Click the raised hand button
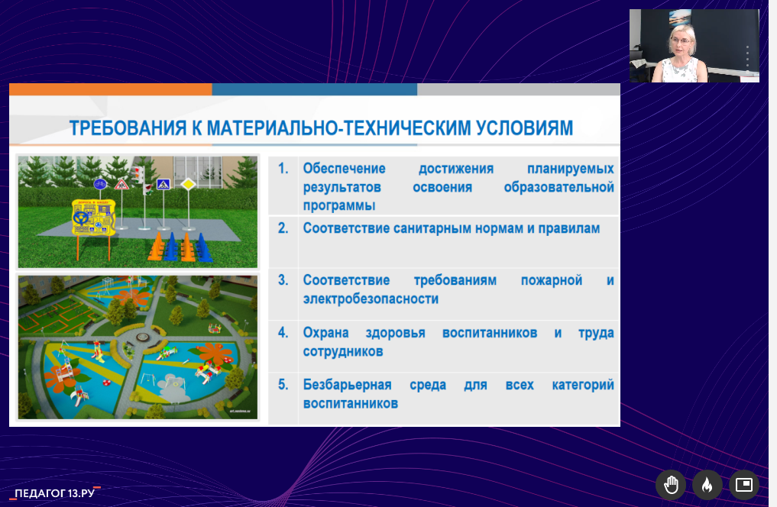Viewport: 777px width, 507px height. [671, 485]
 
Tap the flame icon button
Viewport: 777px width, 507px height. [707, 485]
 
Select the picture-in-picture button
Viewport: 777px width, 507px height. [744, 485]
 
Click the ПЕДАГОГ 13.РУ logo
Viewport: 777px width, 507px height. [55, 493]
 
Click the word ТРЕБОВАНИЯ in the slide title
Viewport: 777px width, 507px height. [128, 128]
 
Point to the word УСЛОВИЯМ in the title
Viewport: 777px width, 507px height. [525, 128]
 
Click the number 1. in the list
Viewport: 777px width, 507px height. [283, 168]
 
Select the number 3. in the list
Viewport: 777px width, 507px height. [283, 280]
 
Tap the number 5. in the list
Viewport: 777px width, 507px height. [283, 385]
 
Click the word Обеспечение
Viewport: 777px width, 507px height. [345, 168]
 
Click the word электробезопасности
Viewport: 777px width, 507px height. [371, 299]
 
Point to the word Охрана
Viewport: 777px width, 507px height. [325, 333]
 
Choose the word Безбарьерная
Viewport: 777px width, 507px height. [348, 385]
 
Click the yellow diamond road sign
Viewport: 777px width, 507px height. [188, 184]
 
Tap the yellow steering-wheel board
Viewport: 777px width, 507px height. [94, 218]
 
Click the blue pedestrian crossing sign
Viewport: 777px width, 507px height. [163, 184]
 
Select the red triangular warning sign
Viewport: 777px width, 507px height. [121, 185]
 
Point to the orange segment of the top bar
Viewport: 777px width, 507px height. [111, 89]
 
